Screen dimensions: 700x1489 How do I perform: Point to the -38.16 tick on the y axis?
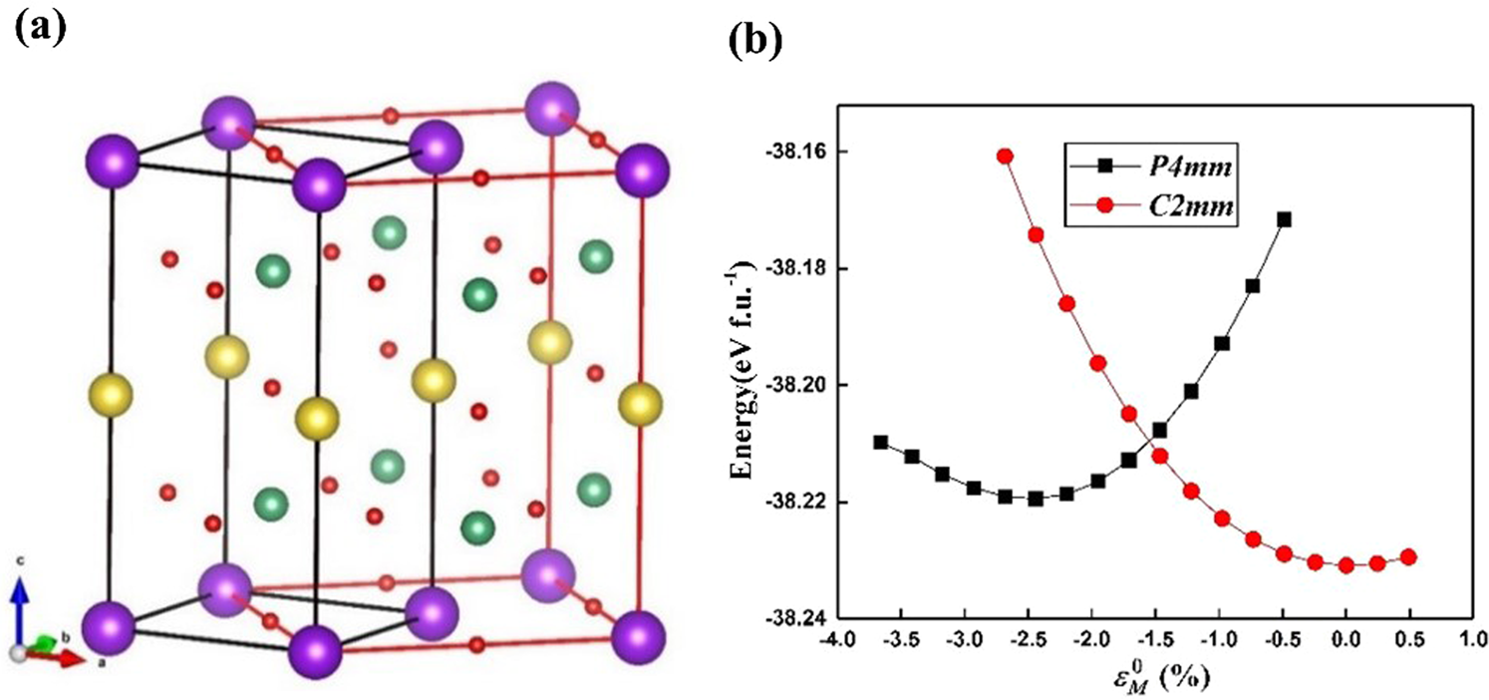point(787,153)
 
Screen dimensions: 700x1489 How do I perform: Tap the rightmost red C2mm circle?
point(1408,556)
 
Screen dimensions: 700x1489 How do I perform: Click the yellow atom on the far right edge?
point(640,405)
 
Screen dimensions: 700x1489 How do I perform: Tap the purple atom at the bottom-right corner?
point(639,635)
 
